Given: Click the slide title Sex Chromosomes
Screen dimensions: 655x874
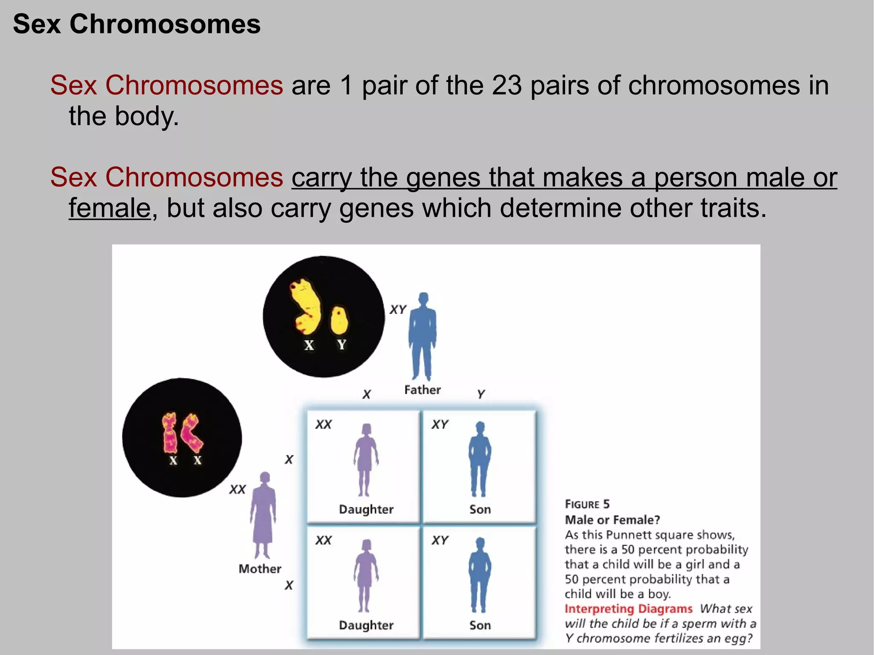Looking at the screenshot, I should tap(137, 24).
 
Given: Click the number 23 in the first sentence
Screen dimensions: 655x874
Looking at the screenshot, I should tap(507, 85).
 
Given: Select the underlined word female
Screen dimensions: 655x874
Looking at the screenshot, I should tap(110, 208).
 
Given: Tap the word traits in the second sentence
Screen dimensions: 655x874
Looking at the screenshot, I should tap(733, 208).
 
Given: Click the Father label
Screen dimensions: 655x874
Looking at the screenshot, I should tap(422, 390).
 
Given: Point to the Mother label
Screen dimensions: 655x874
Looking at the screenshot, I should tap(260, 569).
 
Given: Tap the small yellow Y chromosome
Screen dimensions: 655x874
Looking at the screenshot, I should tap(339, 320).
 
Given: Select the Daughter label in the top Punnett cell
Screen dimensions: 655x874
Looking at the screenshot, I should tap(366, 509).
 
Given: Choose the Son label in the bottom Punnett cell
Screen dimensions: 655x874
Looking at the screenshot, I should tap(480, 625).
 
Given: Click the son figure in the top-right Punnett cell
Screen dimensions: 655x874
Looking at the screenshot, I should tap(480, 459).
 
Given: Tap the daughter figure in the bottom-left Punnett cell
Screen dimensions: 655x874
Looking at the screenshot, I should tap(366, 575).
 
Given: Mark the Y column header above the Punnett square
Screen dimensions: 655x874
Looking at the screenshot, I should tap(481, 393).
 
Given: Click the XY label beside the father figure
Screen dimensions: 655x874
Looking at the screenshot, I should tap(398, 309).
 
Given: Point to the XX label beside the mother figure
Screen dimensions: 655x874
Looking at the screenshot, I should tap(237, 489).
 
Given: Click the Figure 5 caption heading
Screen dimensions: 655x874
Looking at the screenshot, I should tap(587, 504).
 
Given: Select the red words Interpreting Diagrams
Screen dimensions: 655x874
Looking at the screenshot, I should tap(628, 608).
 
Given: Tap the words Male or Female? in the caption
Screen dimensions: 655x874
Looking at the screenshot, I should tap(612, 520).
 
